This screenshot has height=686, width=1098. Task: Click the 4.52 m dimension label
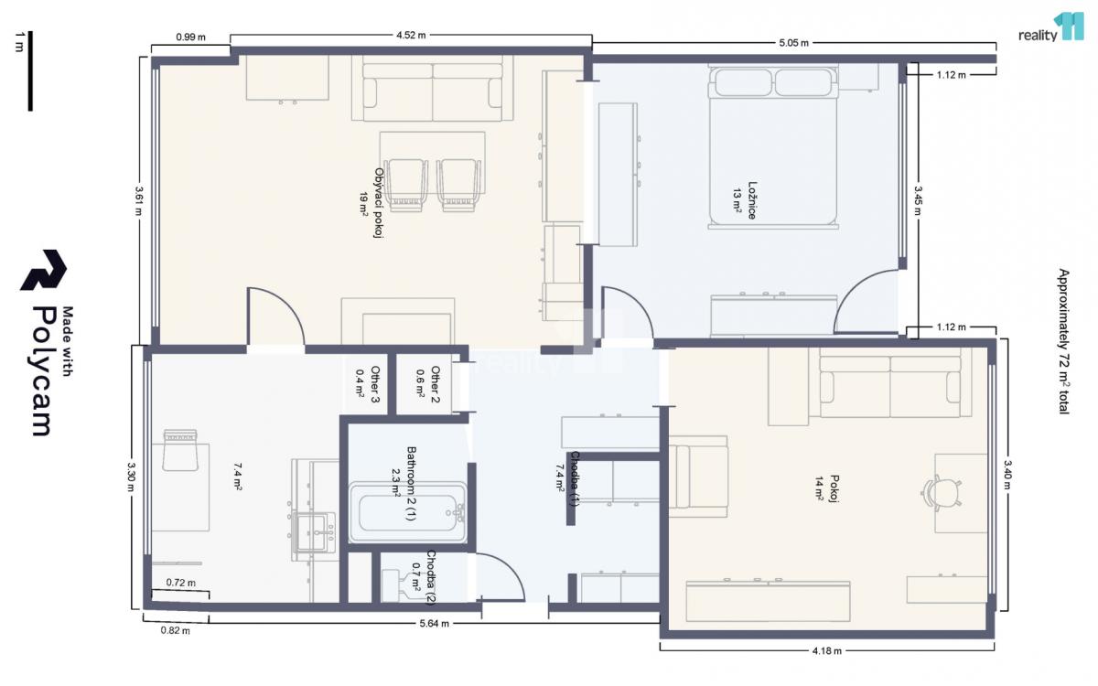point(411,36)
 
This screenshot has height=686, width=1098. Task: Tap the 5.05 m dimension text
point(793,43)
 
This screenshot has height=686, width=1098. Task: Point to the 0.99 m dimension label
point(190,38)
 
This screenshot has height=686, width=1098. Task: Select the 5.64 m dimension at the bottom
point(434,624)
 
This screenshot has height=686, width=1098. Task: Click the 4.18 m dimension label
point(827,651)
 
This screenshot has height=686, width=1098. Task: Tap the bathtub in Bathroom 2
point(407,512)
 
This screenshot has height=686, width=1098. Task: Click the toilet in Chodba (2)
point(399,585)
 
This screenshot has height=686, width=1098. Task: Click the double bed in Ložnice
point(773,147)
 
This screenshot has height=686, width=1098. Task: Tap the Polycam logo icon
point(43,270)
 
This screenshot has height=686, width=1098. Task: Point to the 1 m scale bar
point(30,71)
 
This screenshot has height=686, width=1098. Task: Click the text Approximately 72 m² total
point(1063,341)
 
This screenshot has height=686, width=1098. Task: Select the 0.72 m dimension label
point(180,583)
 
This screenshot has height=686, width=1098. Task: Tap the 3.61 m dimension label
point(139,200)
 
